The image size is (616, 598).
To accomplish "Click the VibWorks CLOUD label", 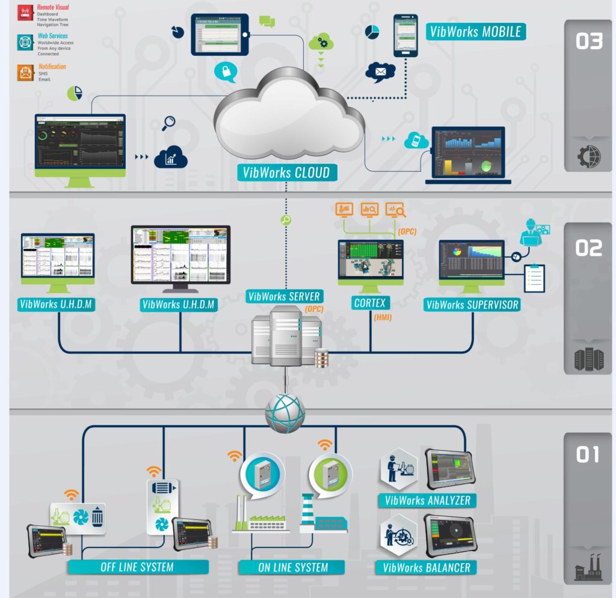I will click(286, 172).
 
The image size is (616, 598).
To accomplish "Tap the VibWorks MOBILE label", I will click(475, 31).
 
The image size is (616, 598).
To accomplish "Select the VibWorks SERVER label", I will click(284, 296).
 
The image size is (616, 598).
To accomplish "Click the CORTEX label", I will click(369, 303).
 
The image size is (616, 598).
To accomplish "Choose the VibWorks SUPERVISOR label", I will click(472, 305).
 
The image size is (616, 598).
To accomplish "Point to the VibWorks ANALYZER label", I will click(428, 500).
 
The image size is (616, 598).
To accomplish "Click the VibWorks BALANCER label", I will click(427, 567).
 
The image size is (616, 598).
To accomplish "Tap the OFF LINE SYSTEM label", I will click(138, 567).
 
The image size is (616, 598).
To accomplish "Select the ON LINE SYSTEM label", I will click(293, 567).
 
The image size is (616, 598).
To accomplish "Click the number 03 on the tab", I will click(589, 41).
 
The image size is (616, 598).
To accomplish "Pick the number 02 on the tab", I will click(589, 248).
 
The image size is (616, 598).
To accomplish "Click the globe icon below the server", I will click(285, 413).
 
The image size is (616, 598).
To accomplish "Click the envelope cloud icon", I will click(380, 72).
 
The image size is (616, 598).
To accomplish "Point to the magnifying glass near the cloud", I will click(169, 123).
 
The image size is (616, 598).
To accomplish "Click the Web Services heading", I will click(53, 36).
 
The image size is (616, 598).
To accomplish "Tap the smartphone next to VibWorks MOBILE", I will click(405, 36).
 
